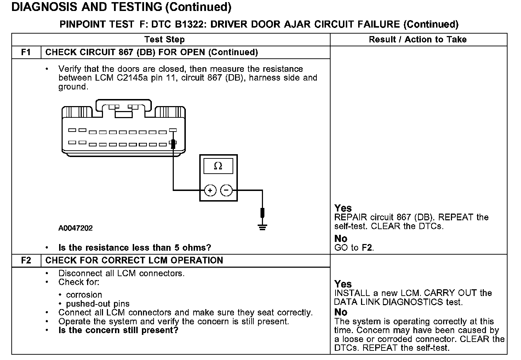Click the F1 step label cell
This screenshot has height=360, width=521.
pyautogui.click(x=26, y=52)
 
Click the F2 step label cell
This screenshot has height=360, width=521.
pyautogui.click(x=26, y=261)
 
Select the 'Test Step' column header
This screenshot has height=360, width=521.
pyautogui.click(x=165, y=40)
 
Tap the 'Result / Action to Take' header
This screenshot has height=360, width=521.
pyautogui.click(x=418, y=40)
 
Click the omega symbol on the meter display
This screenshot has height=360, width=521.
pyautogui.click(x=218, y=166)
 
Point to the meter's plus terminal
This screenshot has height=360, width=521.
pyautogui.click(x=210, y=191)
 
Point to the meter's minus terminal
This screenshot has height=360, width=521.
pyautogui.click(x=227, y=191)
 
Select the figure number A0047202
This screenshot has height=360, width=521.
pyautogui.click(x=75, y=228)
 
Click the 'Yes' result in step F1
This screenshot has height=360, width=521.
pyautogui.click(x=343, y=208)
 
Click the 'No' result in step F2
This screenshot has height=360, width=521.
pyautogui.click(x=341, y=312)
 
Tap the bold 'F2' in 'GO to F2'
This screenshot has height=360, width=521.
pyautogui.click(x=367, y=248)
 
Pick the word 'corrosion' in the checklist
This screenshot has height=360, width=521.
pyautogui.click(x=84, y=295)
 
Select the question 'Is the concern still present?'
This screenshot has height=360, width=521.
pyautogui.click(x=118, y=330)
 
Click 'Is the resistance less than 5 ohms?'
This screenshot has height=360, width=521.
pyautogui.click(x=134, y=248)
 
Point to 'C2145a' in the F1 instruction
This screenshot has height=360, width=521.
pyautogui.click(x=130, y=78)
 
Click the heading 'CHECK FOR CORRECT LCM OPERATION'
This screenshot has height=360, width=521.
pyautogui.click(x=134, y=261)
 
